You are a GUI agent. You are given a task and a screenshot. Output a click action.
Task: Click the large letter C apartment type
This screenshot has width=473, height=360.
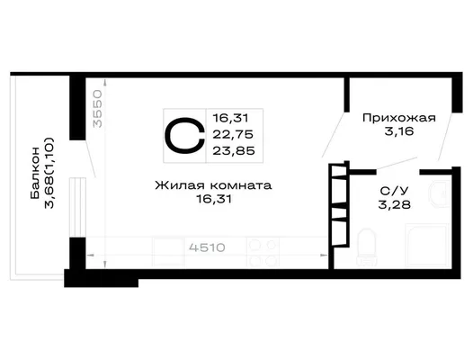(x=184, y=136)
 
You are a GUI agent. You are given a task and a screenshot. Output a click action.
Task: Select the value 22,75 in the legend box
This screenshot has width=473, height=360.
(x=233, y=134)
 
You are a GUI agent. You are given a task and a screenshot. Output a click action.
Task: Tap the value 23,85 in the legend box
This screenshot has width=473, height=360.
(x=234, y=150)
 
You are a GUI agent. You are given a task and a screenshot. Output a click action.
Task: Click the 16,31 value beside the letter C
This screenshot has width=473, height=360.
(x=231, y=118)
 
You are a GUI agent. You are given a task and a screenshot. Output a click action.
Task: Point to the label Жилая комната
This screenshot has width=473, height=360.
(x=214, y=185)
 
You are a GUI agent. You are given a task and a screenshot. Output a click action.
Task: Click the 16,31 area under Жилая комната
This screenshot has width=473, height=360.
(x=214, y=199)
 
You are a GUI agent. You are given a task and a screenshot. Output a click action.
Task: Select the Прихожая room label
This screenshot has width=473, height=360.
(x=399, y=118)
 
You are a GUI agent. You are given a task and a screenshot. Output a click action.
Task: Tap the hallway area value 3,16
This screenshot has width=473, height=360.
(x=398, y=131)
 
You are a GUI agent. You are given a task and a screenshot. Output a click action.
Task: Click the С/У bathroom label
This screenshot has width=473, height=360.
(x=394, y=191)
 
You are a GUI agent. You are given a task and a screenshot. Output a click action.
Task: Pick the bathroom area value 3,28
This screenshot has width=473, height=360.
(x=395, y=205)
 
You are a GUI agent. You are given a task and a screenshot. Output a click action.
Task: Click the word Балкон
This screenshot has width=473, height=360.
(x=35, y=173)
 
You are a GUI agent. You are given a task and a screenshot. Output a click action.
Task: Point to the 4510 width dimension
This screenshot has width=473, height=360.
(x=207, y=248)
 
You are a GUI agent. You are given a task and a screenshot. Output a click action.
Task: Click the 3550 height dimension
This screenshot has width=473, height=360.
(x=98, y=108)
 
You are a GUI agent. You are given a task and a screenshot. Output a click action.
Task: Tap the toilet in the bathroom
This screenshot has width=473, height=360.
(x=366, y=247)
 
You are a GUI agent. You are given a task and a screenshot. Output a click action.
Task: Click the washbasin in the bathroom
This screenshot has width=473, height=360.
(x=440, y=194)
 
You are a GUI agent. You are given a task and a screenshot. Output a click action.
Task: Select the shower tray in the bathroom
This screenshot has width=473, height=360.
(x=427, y=245)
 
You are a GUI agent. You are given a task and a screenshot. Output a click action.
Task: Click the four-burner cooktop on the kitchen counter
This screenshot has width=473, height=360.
(x=263, y=252)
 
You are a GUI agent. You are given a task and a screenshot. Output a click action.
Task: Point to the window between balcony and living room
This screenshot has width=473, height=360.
(x=78, y=207)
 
